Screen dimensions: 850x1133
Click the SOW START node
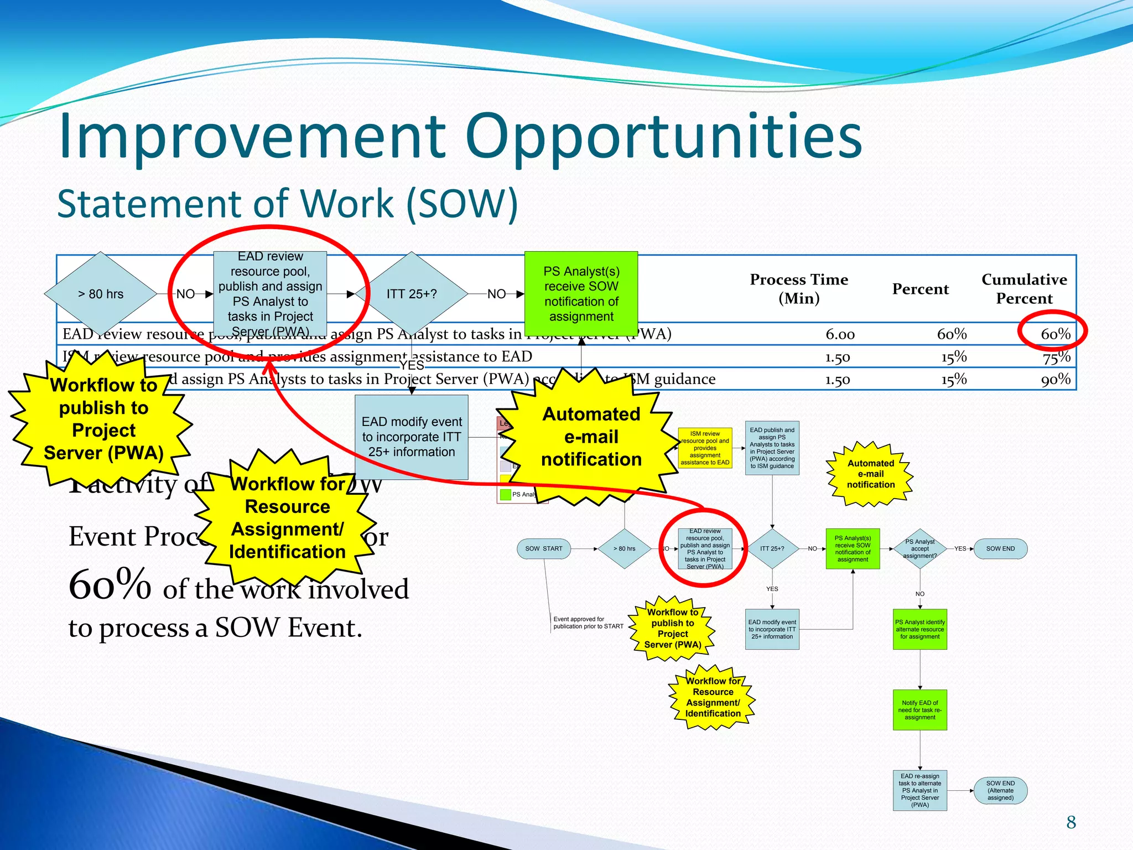(544, 548)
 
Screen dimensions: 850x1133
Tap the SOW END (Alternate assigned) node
(1000, 790)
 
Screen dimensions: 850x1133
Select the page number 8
(1071, 822)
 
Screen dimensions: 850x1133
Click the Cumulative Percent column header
(1024, 289)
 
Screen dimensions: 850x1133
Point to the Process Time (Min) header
(798, 289)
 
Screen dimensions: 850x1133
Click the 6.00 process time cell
(840, 334)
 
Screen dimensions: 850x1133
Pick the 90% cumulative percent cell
(1056, 380)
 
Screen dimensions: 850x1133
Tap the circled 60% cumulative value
(1055, 334)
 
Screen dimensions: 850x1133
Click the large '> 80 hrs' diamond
(101, 294)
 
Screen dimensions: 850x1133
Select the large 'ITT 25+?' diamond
(412, 294)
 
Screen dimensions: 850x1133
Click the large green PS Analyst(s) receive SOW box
(581, 294)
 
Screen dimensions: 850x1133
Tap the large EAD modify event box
(412, 437)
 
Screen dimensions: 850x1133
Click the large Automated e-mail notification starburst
(591, 437)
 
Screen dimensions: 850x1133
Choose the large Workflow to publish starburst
(103, 419)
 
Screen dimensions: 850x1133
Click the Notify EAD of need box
(919, 710)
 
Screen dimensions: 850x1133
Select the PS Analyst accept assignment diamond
(919, 548)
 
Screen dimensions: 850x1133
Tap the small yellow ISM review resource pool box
(705, 448)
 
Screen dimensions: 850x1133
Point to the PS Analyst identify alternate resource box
(919, 629)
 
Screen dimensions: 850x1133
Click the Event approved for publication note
(588, 623)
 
